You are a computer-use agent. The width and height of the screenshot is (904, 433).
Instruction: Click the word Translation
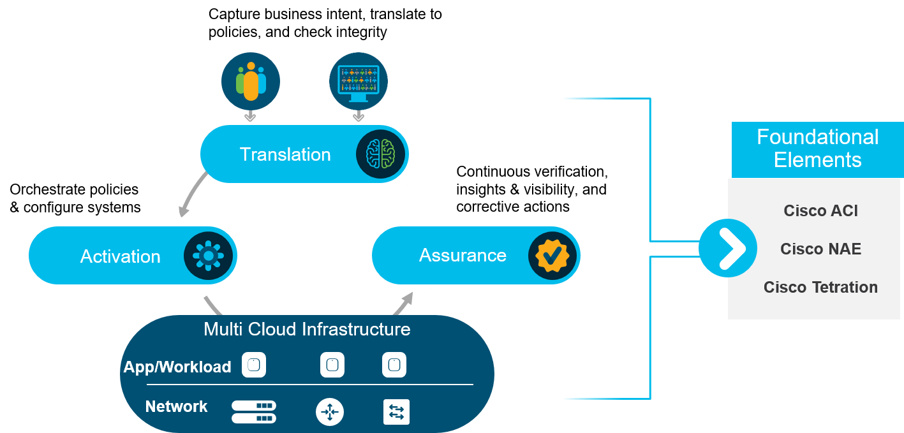click(285, 154)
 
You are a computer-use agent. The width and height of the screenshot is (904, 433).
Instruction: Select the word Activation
click(120, 256)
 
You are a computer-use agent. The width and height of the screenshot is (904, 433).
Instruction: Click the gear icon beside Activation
click(208, 256)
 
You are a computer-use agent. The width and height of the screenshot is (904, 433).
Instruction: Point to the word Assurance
click(463, 255)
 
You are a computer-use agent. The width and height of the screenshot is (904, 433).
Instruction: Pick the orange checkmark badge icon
click(552, 256)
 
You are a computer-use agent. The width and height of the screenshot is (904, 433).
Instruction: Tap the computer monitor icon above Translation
click(358, 82)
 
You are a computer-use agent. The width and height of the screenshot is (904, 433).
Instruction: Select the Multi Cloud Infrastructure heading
click(307, 329)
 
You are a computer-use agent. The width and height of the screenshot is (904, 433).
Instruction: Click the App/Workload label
click(177, 367)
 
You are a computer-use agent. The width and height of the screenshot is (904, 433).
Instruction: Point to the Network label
click(176, 407)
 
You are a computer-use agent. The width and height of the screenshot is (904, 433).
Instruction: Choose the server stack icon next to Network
click(253, 412)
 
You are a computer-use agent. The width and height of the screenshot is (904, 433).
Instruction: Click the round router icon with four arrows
click(330, 413)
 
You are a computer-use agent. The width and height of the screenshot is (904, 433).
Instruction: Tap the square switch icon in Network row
click(396, 412)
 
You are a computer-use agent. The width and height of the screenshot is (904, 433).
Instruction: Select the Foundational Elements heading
click(817, 148)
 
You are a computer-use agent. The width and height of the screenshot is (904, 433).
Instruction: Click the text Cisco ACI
click(820, 211)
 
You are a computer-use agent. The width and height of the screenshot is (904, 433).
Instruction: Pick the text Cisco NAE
click(820, 249)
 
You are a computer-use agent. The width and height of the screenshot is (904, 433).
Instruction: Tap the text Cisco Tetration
click(820, 287)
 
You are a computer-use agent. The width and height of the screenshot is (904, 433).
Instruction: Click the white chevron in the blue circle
click(728, 248)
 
